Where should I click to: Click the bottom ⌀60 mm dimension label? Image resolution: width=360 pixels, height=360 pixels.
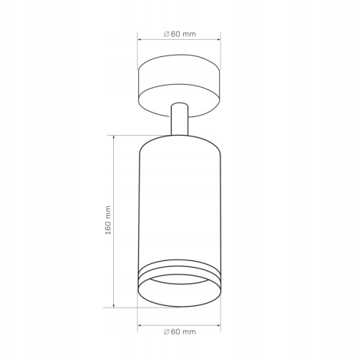coord(179,331)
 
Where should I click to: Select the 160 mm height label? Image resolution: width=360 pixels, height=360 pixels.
coord(108,220)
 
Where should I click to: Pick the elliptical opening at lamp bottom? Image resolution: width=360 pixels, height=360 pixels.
coord(179,291)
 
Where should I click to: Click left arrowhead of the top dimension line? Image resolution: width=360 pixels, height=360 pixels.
coord(140,40)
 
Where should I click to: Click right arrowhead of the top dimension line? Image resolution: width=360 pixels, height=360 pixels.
coord(220,40)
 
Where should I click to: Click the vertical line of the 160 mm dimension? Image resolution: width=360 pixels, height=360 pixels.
coord(113,180)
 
